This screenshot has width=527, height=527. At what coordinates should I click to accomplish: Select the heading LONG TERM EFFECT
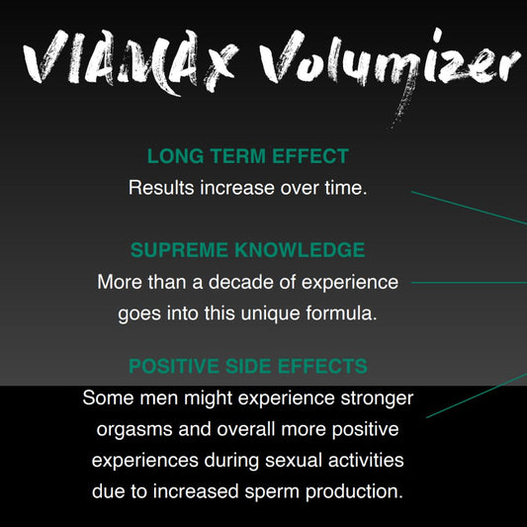tap(247, 156)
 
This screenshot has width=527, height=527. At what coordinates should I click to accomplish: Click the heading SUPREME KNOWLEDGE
tap(247, 250)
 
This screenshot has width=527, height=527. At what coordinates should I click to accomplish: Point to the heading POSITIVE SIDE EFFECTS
tap(247, 367)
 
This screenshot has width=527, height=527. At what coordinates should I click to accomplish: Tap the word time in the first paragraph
tap(344, 187)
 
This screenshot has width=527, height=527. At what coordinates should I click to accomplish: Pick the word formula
tap(341, 313)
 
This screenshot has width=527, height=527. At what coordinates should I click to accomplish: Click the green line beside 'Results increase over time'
tap(470, 208)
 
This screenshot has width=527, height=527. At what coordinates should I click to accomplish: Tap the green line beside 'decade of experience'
tap(470, 282)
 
